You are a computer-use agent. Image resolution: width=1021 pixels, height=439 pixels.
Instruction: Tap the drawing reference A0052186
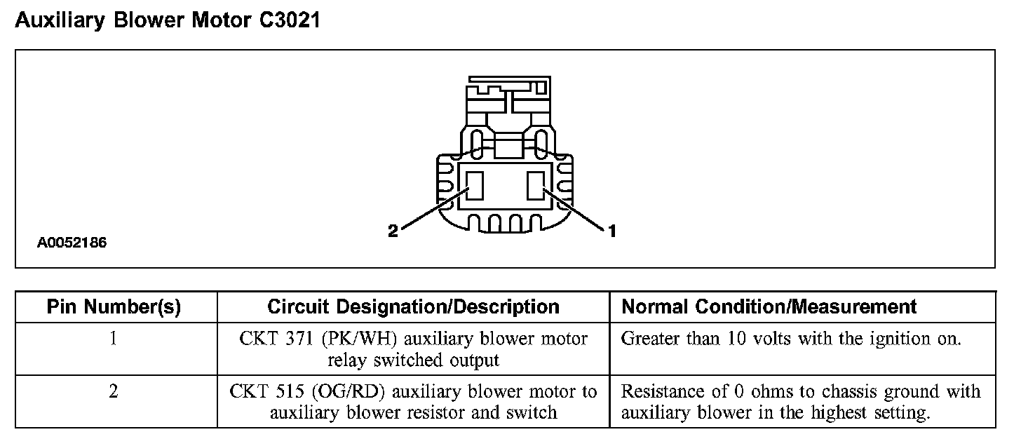coord(72,243)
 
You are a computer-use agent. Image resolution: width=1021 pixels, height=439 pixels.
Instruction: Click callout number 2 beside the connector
coord(393,231)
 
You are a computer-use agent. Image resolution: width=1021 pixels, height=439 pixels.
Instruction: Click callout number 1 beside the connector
coord(612,230)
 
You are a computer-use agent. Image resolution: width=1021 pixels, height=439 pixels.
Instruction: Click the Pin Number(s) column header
coord(114,307)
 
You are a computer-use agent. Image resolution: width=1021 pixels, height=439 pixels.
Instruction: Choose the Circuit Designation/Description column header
coord(413,307)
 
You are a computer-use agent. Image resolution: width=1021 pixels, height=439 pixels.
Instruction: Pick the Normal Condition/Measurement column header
coord(769,307)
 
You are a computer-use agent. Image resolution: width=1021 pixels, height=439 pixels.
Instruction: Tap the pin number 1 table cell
coord(114,339)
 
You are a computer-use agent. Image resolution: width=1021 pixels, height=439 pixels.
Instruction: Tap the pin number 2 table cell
coord(114,391)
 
